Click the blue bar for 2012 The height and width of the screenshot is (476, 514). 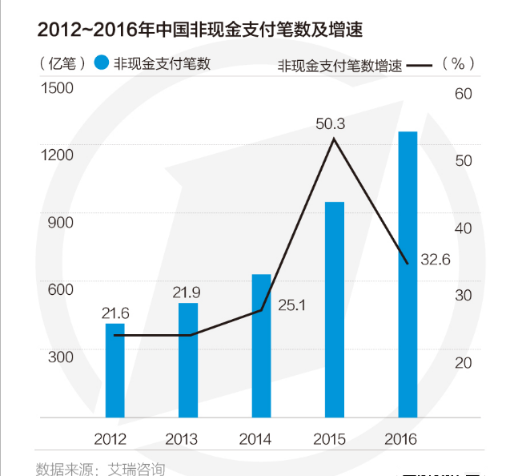click(x=115, y=370)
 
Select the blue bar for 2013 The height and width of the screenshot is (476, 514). click(x=188, y=360)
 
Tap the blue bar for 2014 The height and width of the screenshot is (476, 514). click(x=262, y=346)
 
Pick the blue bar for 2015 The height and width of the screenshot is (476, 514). click(x=335, y=309)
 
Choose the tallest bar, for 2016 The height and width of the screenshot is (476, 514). click(x=408, y=274)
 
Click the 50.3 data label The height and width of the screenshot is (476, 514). click(x=330, y=124)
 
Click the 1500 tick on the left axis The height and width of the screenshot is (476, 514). click(x=58, y=87)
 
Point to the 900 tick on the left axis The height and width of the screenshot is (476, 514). click(x=61, y=222)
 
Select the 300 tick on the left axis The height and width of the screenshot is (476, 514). click(x=61, y=357)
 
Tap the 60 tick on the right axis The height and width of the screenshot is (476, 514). click(x=464, y=94)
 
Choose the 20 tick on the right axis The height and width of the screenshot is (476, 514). click(x=464, y=363)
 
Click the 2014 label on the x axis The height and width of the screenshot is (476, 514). click(x=255, y=439)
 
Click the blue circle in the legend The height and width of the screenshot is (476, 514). click(x=100, y=63)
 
